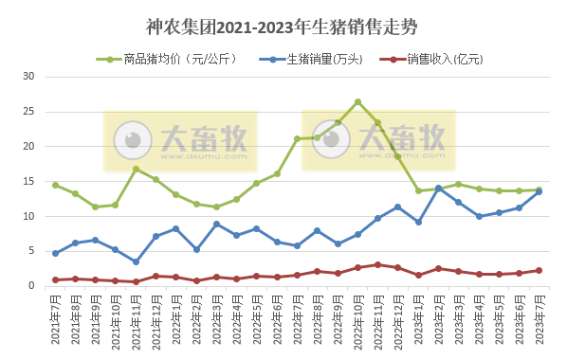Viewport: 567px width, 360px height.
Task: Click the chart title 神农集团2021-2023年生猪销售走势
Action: pos(283,26)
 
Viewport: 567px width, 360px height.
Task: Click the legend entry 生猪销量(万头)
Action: pos(323,59)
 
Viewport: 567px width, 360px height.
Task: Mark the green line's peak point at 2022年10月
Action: pos(357,101)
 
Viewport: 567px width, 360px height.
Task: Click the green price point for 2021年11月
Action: pos(136,169)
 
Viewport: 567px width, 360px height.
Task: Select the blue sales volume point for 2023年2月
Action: pos(438,188)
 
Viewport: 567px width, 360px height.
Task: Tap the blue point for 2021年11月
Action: pos(136,261)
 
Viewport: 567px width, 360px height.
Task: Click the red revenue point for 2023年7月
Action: pos(539,270)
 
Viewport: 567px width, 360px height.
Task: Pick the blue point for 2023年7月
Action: pos(539,191)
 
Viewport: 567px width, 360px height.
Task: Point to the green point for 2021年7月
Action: pos(55,185)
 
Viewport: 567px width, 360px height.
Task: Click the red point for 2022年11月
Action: pos(377,264)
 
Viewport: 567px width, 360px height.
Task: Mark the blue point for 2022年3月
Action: pos(216,224)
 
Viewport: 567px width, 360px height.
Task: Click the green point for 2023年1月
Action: pos(418,190)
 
